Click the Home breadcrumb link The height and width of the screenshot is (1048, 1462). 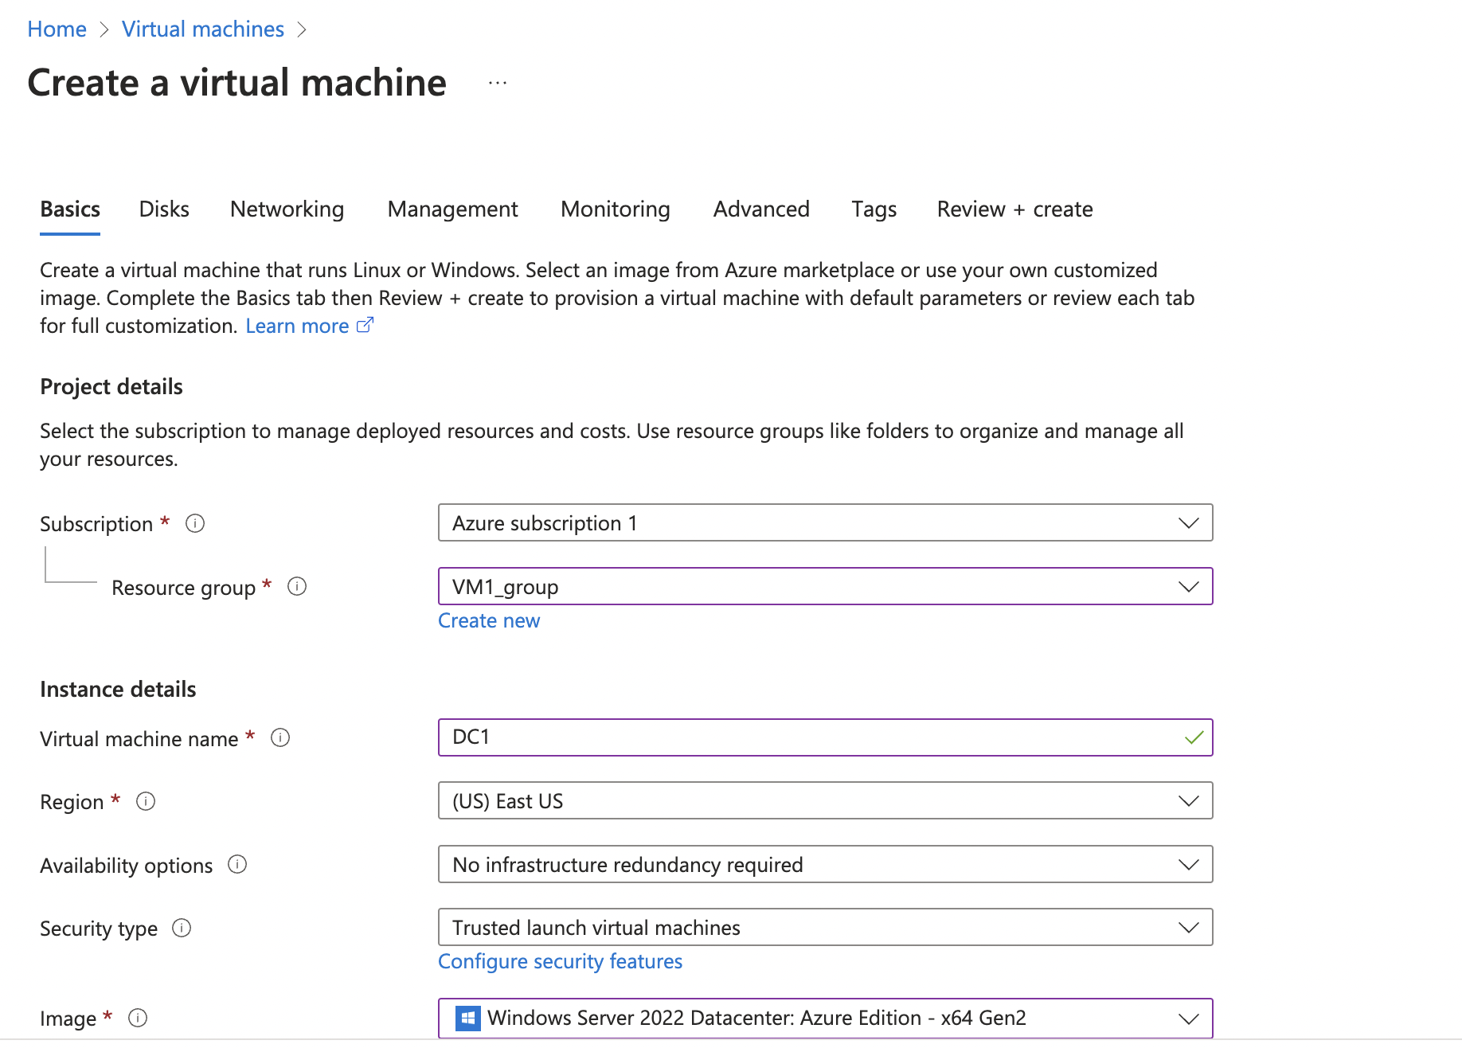(x=57, y=29)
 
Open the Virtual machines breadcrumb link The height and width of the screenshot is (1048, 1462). (x=202, y=29)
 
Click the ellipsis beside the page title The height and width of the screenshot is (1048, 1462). (x=498, y=83)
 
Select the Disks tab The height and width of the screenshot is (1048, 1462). (x=164, y=209)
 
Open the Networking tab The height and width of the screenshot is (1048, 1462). (x=287, y=209)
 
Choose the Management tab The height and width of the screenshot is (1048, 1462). (x=452, y=209)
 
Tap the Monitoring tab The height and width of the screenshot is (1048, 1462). (x=615, y=209)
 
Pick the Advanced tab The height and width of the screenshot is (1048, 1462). (x=761, y=209)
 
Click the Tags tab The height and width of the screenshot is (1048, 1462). (x=874, y=209)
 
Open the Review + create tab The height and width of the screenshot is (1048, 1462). (x=1014, y=209)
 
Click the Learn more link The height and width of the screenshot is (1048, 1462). (x=297, y=327)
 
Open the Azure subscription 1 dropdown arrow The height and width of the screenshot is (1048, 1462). (x=1188, y=523)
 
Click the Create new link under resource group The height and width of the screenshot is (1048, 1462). (x=489, y=621)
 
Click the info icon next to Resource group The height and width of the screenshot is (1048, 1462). (x=297, y=587)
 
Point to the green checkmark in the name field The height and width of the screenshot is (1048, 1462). (x=1194, y=737)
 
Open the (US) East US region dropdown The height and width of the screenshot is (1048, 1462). (x=825, y=801)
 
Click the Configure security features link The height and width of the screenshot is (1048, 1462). (x=560, y=962)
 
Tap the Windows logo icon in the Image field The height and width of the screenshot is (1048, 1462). (x=467, y=1018)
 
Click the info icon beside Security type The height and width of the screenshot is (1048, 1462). (x=182, y=929)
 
